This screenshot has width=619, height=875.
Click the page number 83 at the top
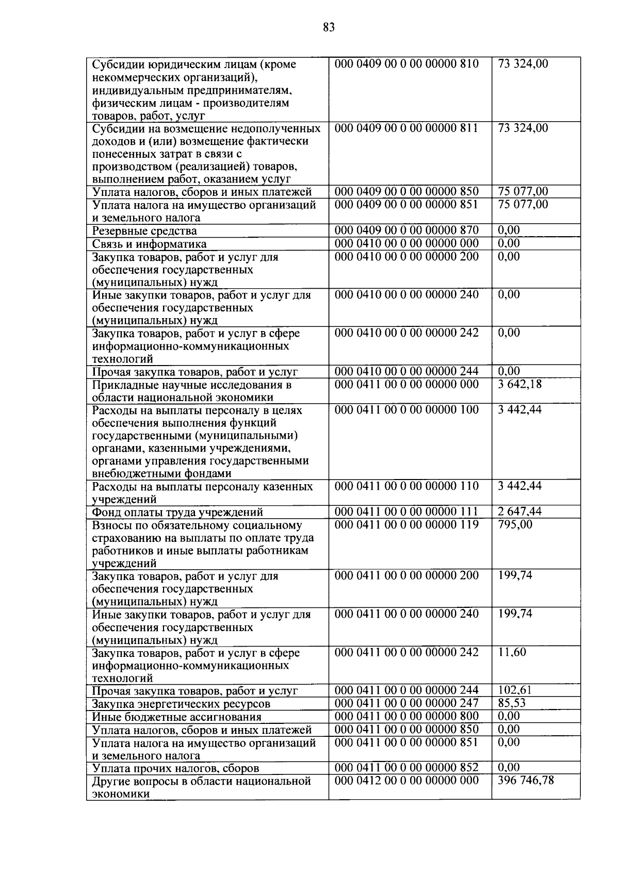tap(329, 27)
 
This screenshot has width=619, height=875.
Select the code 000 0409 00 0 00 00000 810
tap(406, 64)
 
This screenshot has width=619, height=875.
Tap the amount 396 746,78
tap(526, 781)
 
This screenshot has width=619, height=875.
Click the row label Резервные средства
tap(144, 231)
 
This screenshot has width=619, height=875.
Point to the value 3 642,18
tap(520, 384)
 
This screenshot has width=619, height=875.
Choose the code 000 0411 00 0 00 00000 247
tap(406, 703)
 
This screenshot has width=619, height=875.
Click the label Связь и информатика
tap(149, 244)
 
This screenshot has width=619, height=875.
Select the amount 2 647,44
tap(519, 511)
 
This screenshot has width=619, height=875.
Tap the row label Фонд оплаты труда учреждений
tap(177, 512)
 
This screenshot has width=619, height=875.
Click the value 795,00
tap(515, 524)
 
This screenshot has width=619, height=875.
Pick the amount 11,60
tap(512, 652)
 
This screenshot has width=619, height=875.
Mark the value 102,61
tap(515, 690)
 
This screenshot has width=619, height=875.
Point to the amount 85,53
tap(512, 703)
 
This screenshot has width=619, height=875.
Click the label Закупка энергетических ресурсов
tap(181, 704)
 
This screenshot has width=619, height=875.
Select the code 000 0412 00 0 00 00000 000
tap(406, 781)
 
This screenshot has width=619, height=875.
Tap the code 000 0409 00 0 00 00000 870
tap(406, 230)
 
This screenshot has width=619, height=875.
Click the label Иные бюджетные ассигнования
tap(176, 717)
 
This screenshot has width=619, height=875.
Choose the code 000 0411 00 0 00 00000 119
tap(406, 524)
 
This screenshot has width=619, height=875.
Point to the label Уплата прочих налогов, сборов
tap(175, 768)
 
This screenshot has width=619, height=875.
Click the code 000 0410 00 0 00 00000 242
tap(406, 333)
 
